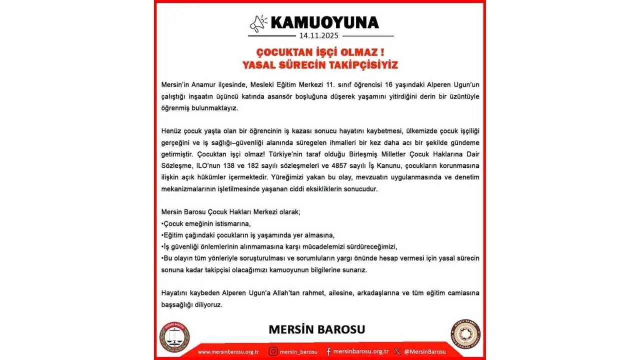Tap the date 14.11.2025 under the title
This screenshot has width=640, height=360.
point(319,36)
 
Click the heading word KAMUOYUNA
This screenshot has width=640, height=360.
point(324,22)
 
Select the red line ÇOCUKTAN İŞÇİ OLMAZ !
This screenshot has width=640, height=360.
point(320,52)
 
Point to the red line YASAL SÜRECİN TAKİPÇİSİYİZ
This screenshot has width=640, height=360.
point(320,65)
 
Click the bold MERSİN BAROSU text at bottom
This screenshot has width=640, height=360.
point(316,329)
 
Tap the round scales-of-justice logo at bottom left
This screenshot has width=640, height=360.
point(174,336)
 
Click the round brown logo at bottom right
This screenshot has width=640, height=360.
point(465,334)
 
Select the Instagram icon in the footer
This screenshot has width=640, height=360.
point(273,351)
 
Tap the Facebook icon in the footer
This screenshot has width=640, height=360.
point(328,351)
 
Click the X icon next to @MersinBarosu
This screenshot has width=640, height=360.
point(397,351)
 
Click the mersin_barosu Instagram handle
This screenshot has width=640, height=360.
point(298,351)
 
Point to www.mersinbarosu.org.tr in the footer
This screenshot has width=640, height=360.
point(228,351)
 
